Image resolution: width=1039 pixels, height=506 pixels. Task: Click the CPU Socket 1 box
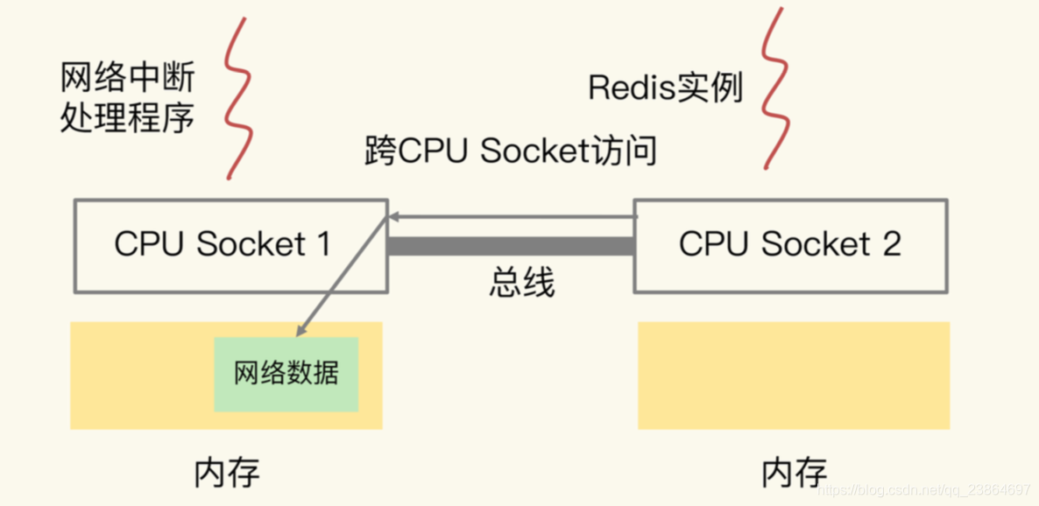pyautogui.click(x=230, y=245)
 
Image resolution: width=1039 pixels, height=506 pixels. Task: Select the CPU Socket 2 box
pyautogui.click(x=789, y=245)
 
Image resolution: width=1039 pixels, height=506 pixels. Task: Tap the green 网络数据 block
pyautogui.click(x=286, y=374)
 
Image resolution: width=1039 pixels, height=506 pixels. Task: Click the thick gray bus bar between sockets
pyautogui.click(x=510, y=246)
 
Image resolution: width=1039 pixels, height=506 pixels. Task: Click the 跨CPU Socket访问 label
pyautogui.click(x=511, y=151)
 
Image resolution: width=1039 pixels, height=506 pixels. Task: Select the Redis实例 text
pyautogui.click(x=665, y=88)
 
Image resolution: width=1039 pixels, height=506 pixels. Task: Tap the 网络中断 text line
pyautogui.click(x=127, y=79)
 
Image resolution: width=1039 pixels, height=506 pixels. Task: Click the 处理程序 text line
pyautogui.click(x=127, y=117)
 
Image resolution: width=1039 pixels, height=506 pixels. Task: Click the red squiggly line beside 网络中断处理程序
pyautogui.click(x=236, y=96)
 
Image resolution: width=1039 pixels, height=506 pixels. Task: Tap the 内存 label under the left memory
pyautogui.click(x=227, y=472)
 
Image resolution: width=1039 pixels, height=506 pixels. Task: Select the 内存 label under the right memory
pyautogui.click(x=794, y=472)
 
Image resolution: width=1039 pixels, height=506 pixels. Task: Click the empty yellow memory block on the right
pyautogui.click(x=794, y=375)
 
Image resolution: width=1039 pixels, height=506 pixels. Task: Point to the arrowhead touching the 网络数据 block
pyautogui.click(x=301, y=330)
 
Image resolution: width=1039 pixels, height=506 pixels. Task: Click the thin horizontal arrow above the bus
pyautogui.click(x=512, y=215)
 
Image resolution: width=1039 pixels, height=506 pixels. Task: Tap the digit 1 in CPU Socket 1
pyautogui.click(x=323, y=244)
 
